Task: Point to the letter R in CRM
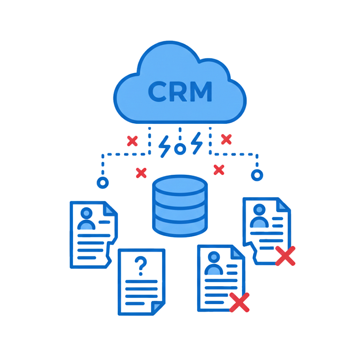[x=178, y=91]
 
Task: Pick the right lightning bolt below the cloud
[x=196, y=143]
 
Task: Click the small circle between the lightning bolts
[x=180, y=149]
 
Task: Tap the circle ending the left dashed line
[x=102, y=183]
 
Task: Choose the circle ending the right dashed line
[x=257, y=175]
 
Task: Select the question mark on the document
[x=141, y=265]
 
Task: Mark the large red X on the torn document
[x=285, y=256]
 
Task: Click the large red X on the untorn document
[x=240, y=302]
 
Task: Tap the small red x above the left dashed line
[x=132, y=141]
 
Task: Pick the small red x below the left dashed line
[x=141, y=172]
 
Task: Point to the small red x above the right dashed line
[x=226, y=139]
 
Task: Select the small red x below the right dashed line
[x=219, y=169]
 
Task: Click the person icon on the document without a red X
[x=87, y=219]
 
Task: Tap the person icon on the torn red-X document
[x=259, y=216]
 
